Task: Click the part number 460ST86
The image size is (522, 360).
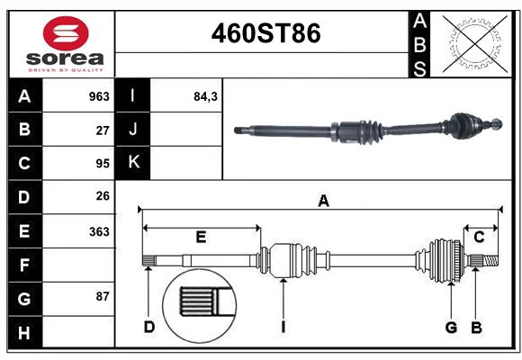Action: click(x=265, y=34)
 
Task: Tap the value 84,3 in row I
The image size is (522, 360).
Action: click(x=206, y=96)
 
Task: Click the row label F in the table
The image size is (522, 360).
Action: click(x=24, y=265)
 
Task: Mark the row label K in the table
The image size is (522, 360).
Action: click(x=133, y=163)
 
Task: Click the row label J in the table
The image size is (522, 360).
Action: click(x=133, y=130)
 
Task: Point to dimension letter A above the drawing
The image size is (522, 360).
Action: click(x=322, y=202)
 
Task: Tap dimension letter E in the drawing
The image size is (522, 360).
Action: click(x=201, y=238)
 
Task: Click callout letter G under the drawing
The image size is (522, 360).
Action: click(x=451, y=327)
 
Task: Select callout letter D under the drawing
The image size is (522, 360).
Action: click(x=148, y=327)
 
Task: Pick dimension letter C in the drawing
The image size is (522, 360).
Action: click(x=479, y=238)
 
